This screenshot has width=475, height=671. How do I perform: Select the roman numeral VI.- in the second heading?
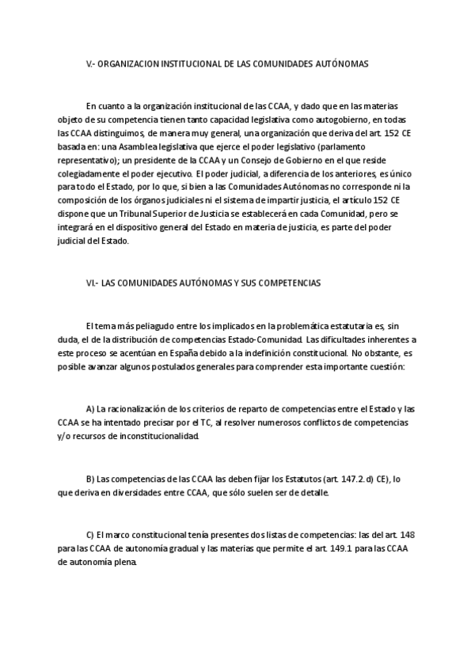click(93, 282)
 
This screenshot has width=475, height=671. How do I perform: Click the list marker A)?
click(90, 409)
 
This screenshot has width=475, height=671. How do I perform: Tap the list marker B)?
click(90, 480)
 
